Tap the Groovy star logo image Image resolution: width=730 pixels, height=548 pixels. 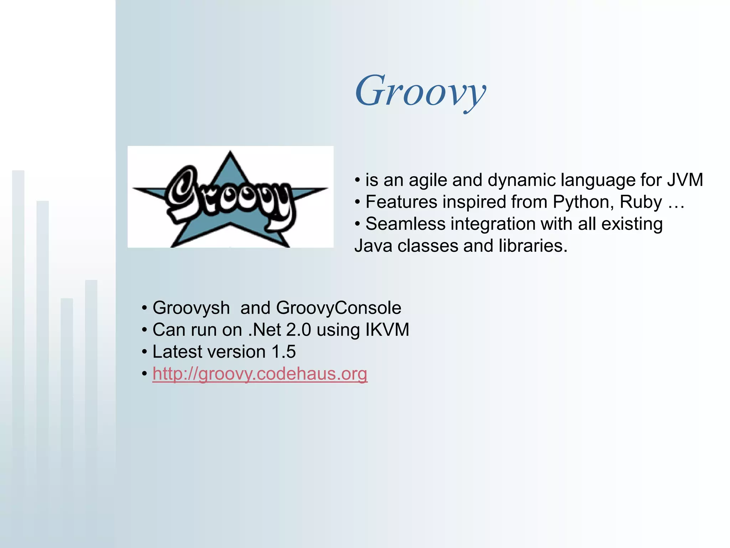click(x=230, y=197)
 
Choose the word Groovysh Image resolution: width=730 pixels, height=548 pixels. click(x=191, y=308)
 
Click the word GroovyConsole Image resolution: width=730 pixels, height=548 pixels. click(x=339, y=308)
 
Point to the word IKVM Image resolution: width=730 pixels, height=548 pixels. click(x=387, y=330)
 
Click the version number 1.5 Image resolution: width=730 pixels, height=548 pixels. click(x=283, y=352)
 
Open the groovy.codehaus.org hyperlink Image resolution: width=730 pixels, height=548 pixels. click(x=259, y=374)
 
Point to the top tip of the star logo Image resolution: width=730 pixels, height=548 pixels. click(x=230, y=152)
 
